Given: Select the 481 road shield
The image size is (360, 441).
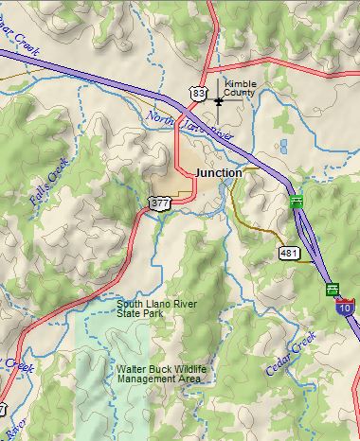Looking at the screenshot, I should coord(289,253).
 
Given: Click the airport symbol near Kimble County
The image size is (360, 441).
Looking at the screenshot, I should coord(219,99).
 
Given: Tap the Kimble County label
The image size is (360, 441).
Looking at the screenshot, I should coord(241,89).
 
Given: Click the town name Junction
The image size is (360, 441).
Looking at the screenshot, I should coord(219,173).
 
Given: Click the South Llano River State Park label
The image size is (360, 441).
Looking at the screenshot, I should coord(153,309).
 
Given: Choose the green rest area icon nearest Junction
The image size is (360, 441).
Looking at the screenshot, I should coord(297,201).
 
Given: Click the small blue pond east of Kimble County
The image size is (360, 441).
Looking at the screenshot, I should coord(283,147).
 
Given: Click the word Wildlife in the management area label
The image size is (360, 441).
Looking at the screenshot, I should coord(182,368).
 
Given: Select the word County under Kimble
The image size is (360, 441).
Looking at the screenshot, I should coord(240,94).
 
